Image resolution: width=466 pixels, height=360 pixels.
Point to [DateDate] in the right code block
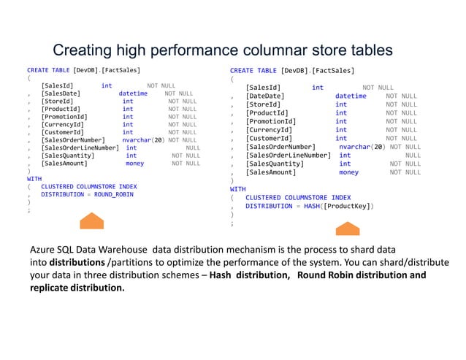click(x=265, y=96)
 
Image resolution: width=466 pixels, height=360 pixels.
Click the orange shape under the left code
click(x=92, y=222)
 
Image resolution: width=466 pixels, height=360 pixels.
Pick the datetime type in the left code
click(x=133, y=93)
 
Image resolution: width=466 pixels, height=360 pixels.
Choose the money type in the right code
click(x=348, y=172)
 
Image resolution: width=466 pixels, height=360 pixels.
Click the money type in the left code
click(x=134, y=164)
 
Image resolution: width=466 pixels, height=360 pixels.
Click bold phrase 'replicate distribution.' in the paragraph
click(x=77, y=288)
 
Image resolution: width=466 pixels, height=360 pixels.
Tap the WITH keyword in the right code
click(x=238, y=188)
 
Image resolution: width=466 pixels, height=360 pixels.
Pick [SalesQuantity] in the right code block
click(x=275, y=164)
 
